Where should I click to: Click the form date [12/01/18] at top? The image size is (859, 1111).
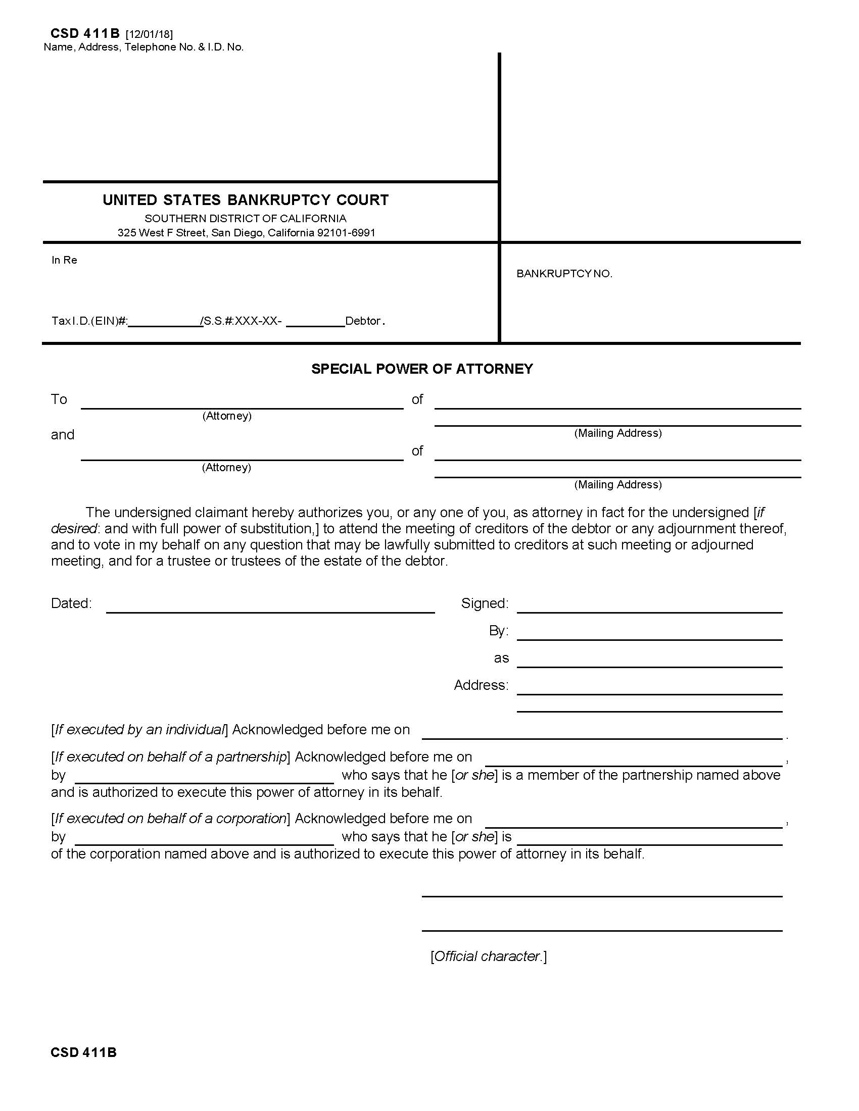[149, 34]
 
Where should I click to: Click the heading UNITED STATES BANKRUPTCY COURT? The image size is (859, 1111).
[245, 200]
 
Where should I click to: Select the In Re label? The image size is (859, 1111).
[64, 260]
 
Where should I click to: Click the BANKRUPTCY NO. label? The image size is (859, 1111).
[564, 274]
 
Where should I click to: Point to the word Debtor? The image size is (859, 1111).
[363, 321]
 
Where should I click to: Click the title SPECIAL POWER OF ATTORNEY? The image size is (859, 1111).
[422, 369]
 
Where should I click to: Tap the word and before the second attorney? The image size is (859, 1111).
[63, 435]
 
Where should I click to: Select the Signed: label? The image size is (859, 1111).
[485, 603]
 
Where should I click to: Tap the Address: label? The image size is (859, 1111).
[481, 685]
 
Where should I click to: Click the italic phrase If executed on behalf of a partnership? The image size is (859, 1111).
[170, 757]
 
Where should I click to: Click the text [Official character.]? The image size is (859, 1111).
[488, 956]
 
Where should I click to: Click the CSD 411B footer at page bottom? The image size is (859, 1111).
[83, 1052]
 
